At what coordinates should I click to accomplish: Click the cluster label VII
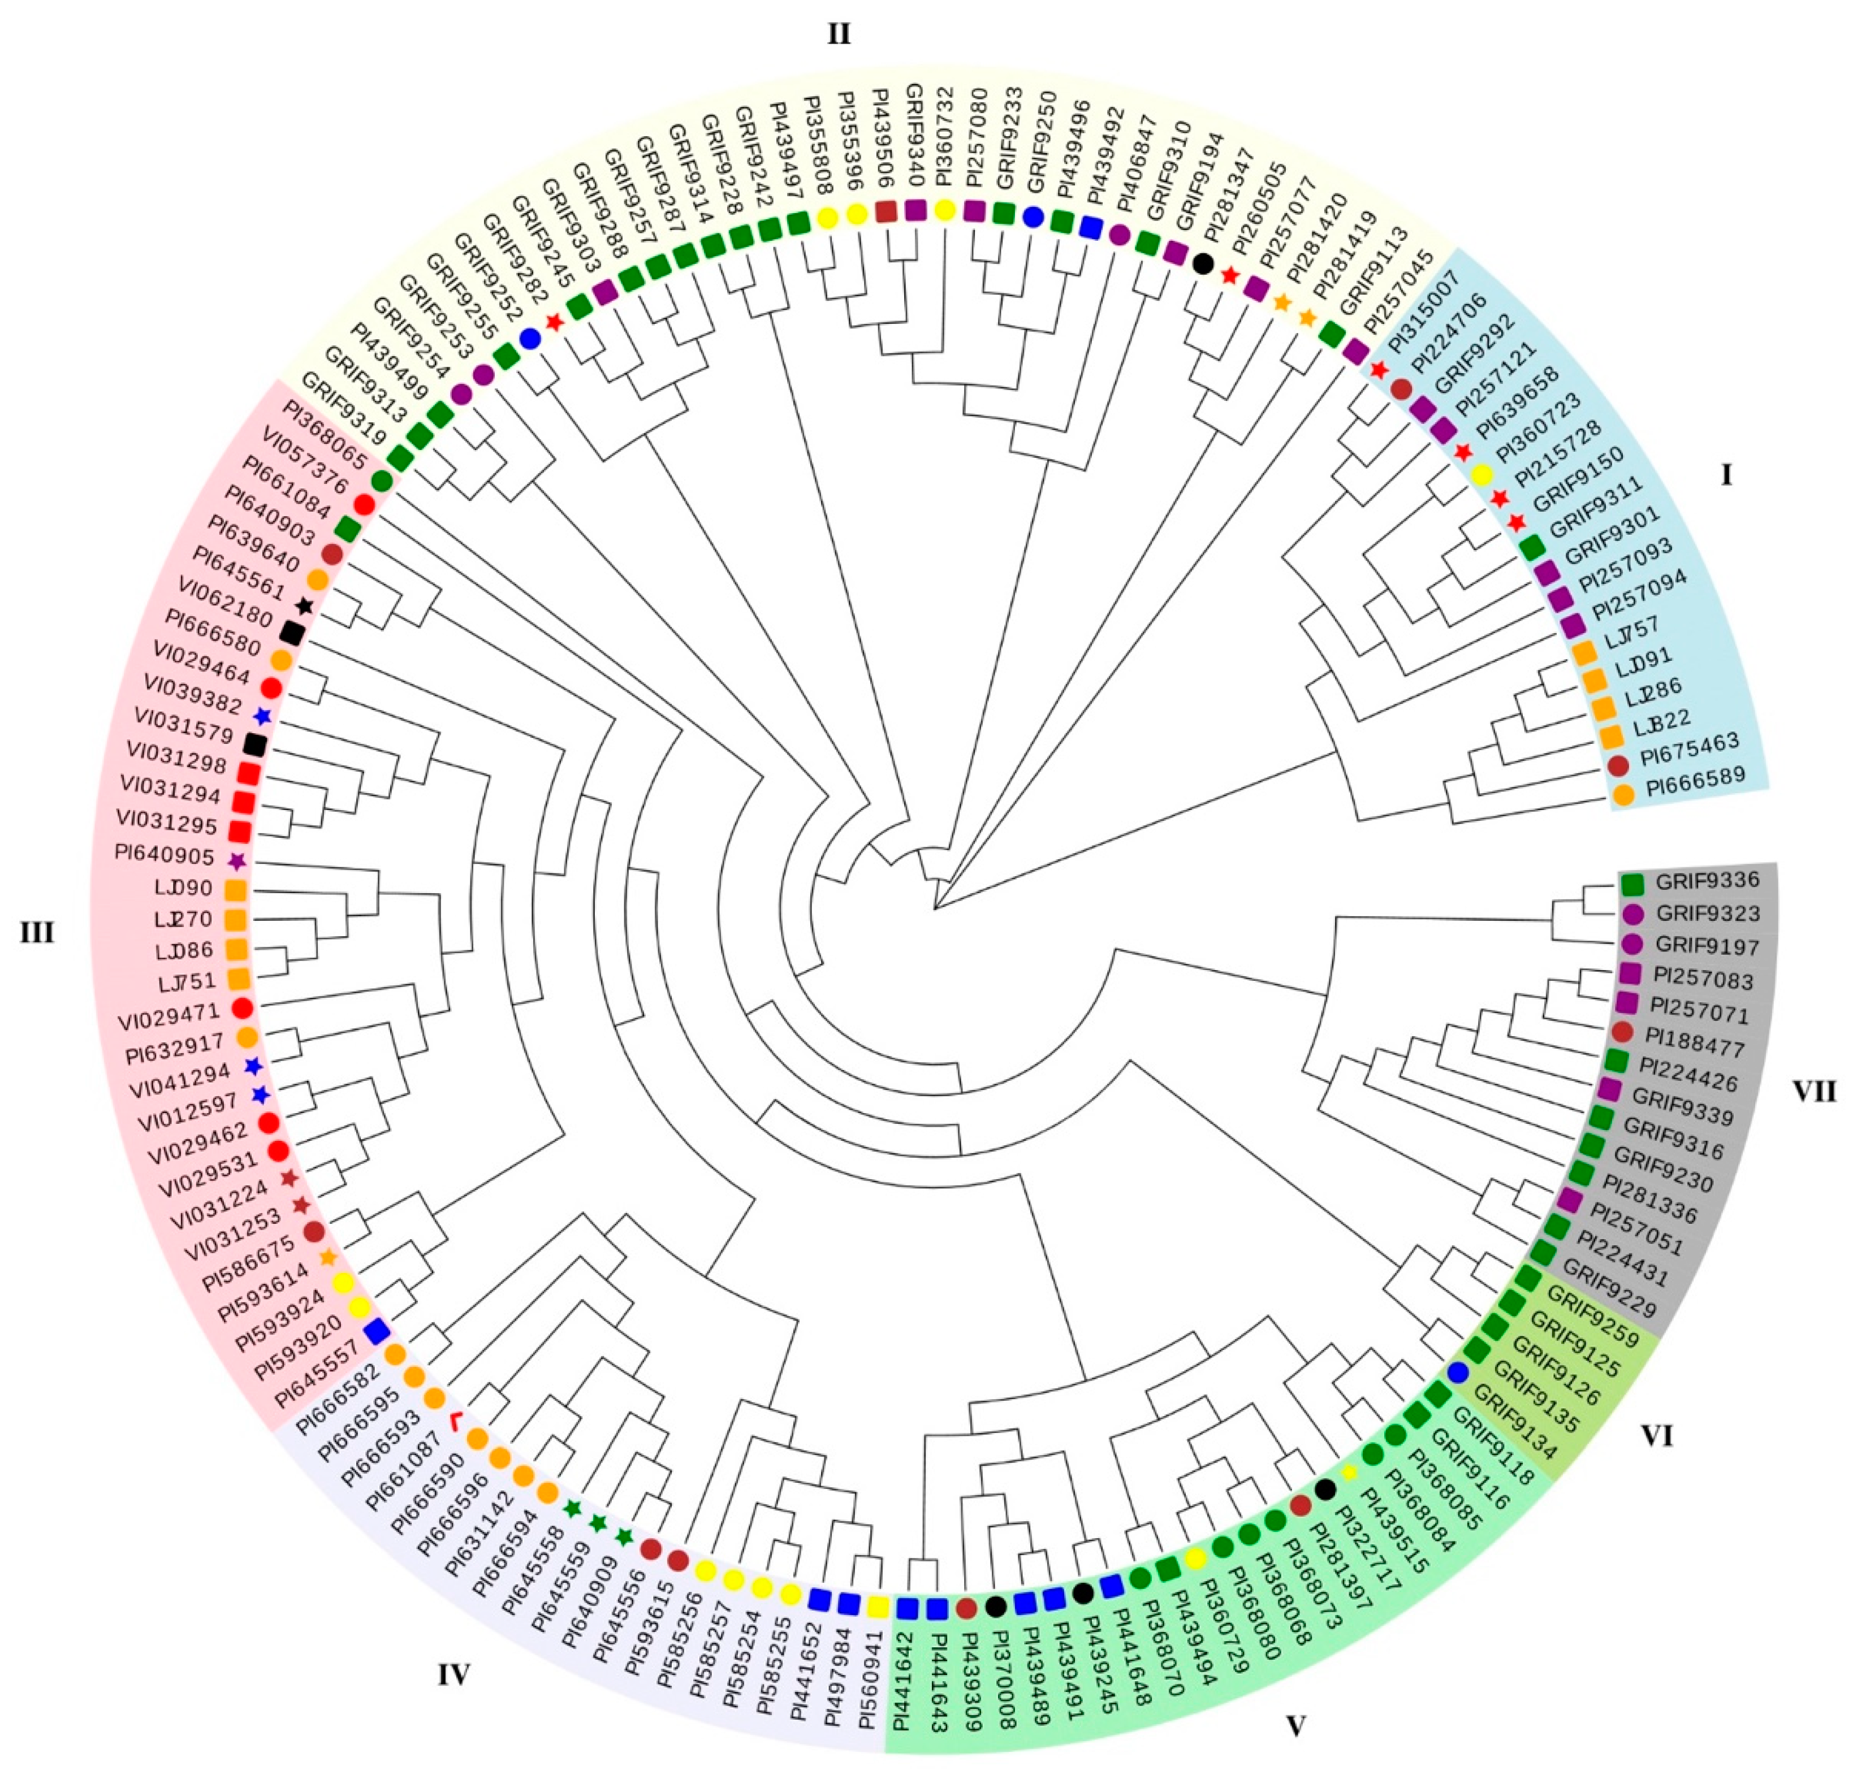1814,1092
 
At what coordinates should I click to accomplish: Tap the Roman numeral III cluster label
38,933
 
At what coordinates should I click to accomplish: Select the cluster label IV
454,1675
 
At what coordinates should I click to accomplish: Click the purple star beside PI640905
237,861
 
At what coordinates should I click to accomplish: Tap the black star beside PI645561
304,606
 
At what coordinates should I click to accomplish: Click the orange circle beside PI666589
1623,796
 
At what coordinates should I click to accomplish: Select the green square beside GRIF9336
1632,884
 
